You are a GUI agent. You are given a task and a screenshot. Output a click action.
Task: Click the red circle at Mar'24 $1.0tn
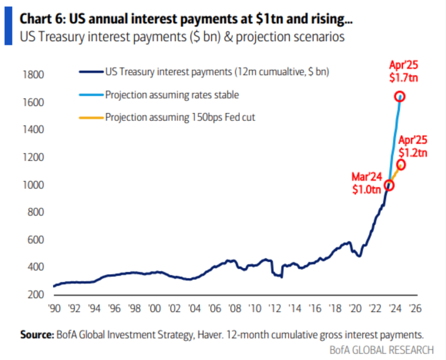click(389, 184)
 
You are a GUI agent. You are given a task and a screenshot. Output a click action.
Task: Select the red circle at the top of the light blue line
click(400, 96)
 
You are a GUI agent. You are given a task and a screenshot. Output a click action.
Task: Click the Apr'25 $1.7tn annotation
click(404, 72)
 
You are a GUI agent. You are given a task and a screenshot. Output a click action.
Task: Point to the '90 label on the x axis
click(55, 309)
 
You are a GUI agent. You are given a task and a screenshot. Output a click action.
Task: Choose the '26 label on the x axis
click(415, 309)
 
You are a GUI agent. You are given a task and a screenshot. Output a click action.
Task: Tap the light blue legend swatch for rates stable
click(91, 95)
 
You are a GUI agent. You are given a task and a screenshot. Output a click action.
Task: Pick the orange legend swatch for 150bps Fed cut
click(91, 118)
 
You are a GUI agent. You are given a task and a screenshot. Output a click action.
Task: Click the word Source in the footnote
click(36, 335)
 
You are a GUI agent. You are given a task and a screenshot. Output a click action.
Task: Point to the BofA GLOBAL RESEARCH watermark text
click(382, 350)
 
